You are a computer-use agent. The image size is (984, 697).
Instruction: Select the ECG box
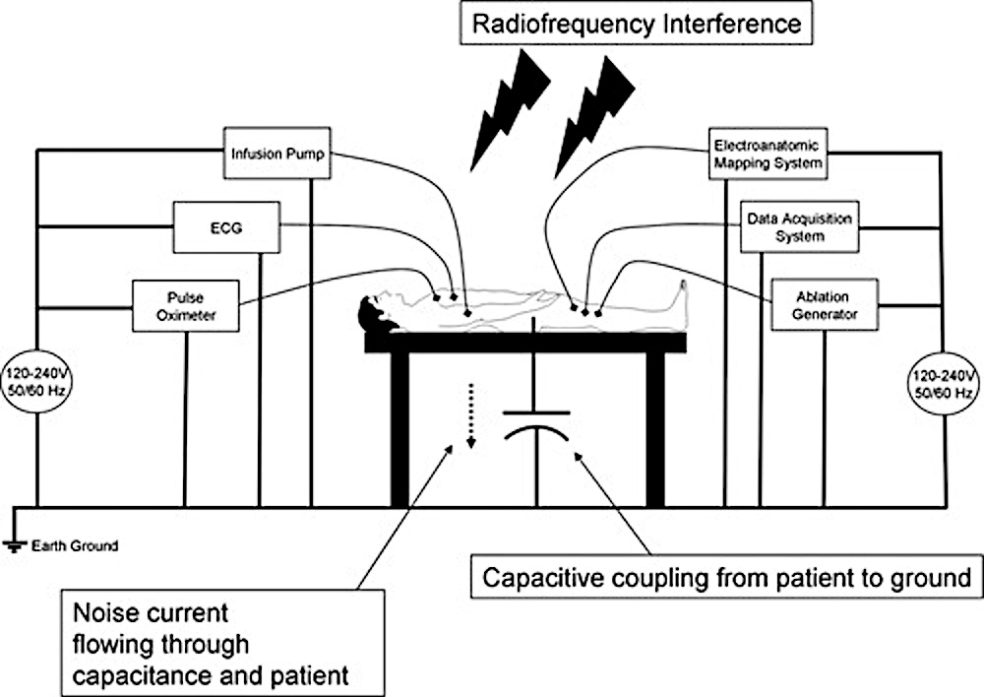click(x=225, y=228)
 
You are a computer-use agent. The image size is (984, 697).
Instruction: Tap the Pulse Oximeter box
click(x=186, y=304)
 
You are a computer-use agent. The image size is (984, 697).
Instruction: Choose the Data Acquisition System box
click(x=798, y=228)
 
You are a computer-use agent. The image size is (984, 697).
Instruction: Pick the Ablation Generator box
click(x=824, y=304)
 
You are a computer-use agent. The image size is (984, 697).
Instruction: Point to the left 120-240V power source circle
click(x=37, y=383)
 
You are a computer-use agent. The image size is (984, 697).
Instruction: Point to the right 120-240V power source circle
click(x=945, y=383)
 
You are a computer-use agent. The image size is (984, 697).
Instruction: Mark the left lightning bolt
click(x=510, y=98)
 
